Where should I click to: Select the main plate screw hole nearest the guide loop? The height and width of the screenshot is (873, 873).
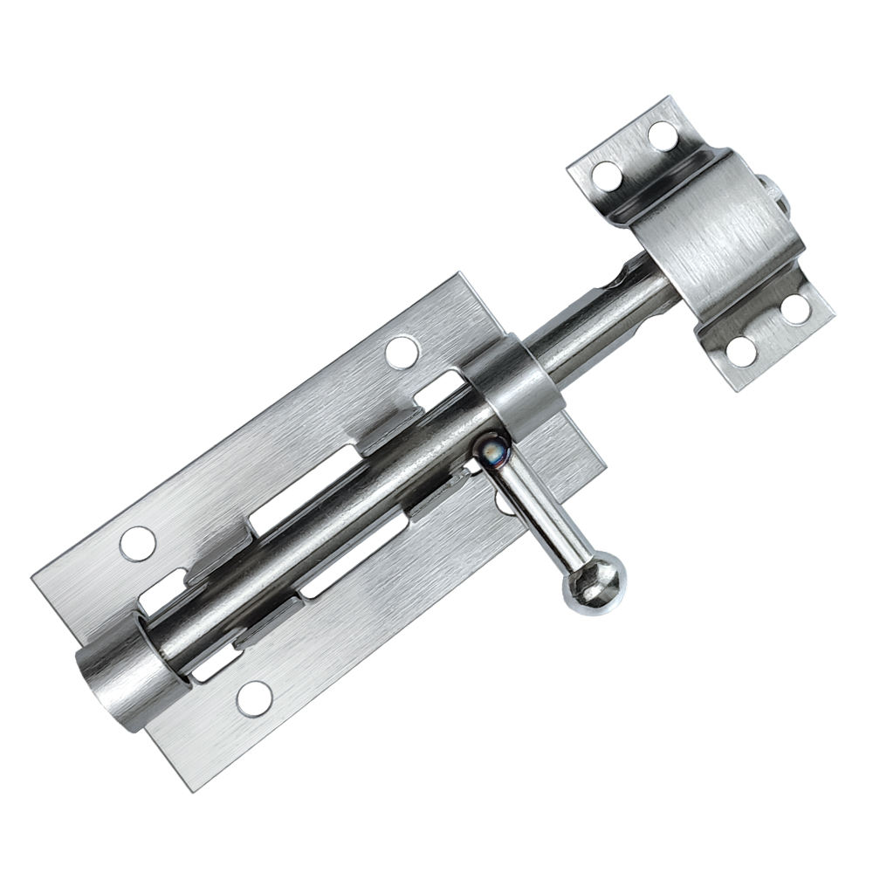pyautogui.click(x=401, y=352)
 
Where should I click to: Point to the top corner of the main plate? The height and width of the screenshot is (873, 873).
pyautogui.click(x=454, y=277)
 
